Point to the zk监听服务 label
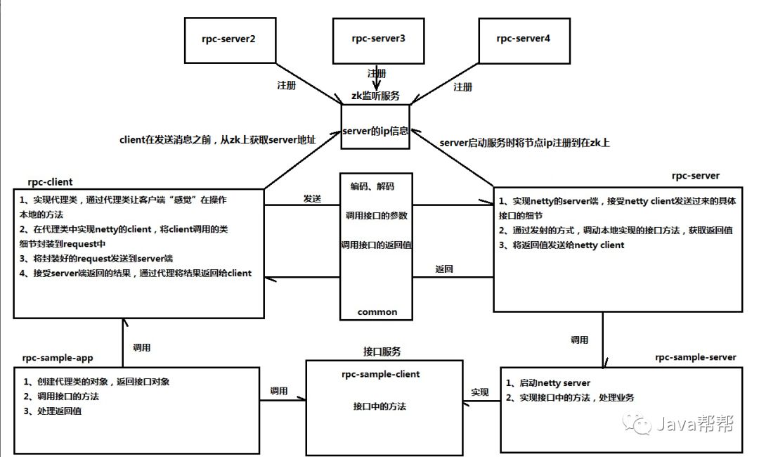point(375,96)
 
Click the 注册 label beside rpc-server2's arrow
point(286,85)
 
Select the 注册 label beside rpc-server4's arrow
point(462,86)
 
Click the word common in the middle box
point(377,312)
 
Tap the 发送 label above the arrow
point(312,198)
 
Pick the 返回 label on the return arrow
point(444,269)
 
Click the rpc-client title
point(50,182)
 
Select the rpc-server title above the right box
point(695,176)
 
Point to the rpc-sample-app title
point(58,359)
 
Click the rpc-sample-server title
point(695,357)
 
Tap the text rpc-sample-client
point(380,374)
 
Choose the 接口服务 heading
point(382,352)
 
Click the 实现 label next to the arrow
point(480,392)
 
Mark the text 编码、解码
point(372,186)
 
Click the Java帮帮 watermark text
point(695,424)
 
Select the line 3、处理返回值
point(53,411)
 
